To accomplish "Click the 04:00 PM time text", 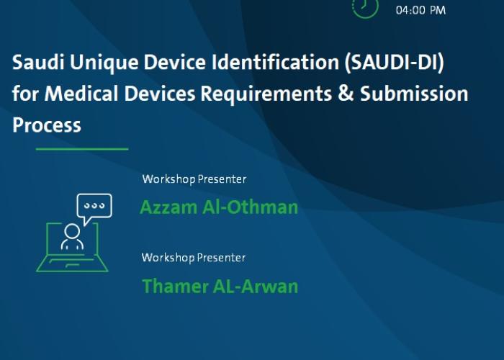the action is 420,10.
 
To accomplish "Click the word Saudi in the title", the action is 38,62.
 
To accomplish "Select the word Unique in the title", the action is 104,63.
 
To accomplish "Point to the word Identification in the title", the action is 275,62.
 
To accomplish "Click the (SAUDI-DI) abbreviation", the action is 394,63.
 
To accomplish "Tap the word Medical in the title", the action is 81,94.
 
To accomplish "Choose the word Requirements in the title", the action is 266,94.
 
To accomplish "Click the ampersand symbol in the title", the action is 346,94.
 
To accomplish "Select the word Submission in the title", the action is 414,94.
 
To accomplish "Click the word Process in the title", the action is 47,125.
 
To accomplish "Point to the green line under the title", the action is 82,149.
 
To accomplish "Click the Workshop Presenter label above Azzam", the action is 194,179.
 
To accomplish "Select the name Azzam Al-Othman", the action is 219,207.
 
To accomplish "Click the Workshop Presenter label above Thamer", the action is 194,258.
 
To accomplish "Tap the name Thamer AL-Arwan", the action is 220,287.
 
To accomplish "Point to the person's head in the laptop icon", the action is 72,231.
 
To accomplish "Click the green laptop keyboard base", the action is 72,264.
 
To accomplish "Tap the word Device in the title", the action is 174,62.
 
